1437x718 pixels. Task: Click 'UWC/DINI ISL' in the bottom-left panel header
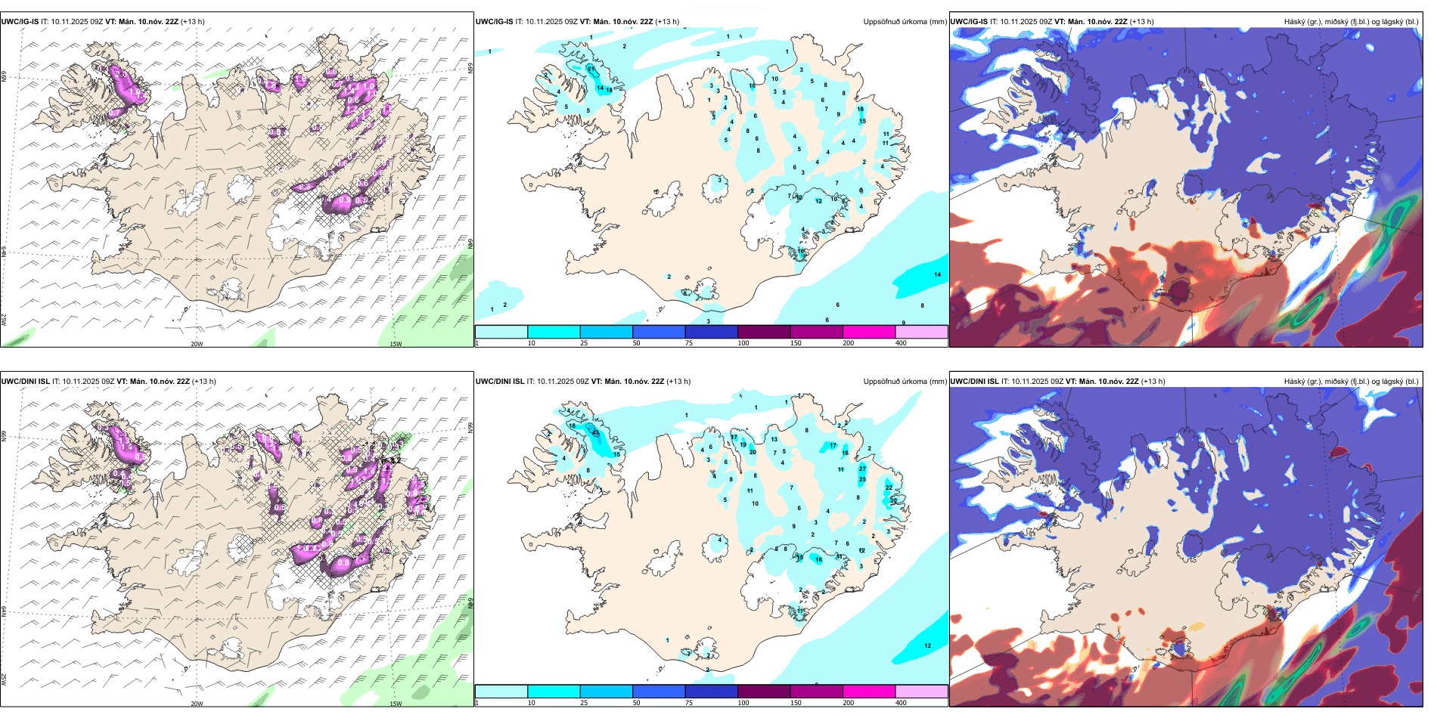click(x=26, y=382)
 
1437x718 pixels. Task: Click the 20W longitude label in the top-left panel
click(x=197, y=344)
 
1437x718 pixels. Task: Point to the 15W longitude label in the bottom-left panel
click(x=396, y=704)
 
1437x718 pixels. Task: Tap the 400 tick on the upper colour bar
click(x=901, y=343)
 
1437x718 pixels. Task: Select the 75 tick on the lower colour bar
click(x=688, y=703)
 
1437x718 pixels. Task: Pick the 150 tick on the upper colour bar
click(x=796, y=343)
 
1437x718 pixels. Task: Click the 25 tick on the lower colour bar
click(x=584, y=703)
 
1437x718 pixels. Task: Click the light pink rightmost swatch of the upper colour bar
click(x=921, y=332)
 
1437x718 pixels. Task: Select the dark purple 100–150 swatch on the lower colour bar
click(x=763, y=692)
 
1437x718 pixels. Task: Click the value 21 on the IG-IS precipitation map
click(x=591, y=69)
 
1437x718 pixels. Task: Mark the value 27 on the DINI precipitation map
click(x=862, y=469)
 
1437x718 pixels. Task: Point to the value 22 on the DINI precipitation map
click(x=889, y=487)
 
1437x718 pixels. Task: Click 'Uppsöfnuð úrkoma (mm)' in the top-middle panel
click(x=905, y=22)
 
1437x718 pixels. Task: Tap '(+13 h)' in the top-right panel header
click(x=1141, y=22)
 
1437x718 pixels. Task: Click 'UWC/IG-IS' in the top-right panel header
click(x=969, y=22)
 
